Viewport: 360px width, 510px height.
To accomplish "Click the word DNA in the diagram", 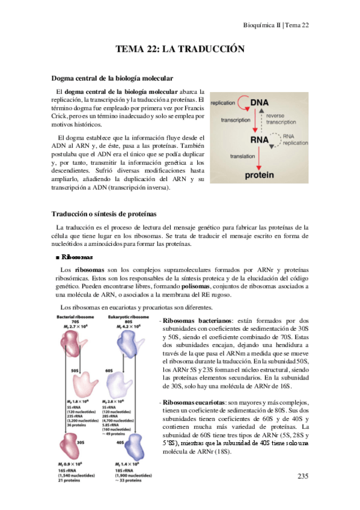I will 259,103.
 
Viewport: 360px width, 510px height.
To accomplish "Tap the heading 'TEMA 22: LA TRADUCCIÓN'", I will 180,50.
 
